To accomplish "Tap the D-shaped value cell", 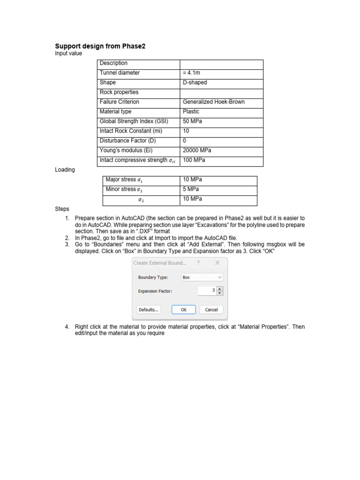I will pos(195,83).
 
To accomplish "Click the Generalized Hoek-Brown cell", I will pos(213,102).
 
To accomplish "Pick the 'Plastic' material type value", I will pos(191,112).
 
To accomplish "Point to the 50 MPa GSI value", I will pos(192,121).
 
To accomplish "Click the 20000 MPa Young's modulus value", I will pos(197,150).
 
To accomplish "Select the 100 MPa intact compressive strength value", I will pos(194,160).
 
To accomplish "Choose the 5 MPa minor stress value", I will pos(191,189).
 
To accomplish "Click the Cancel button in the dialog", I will pos(211,310).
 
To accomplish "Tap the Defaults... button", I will pos(148,310).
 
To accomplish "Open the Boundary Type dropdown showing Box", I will pos(202,277).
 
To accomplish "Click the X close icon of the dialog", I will pos(217,263).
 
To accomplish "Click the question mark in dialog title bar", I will pos(199,263).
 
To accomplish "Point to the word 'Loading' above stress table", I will pos(65,170).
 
